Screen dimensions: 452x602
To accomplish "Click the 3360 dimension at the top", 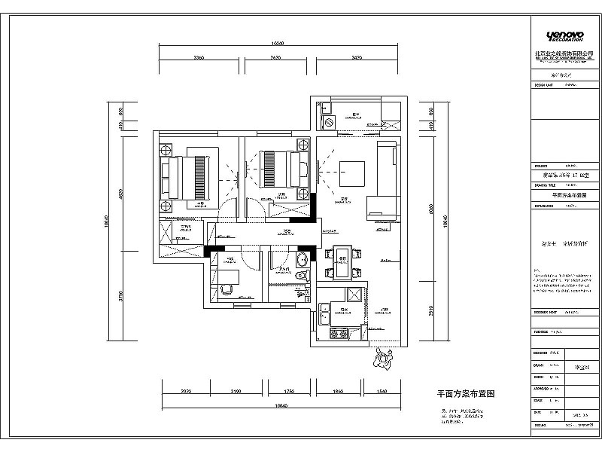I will (x=199, y=57).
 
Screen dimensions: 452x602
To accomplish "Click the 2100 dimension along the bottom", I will (x=236, y=392).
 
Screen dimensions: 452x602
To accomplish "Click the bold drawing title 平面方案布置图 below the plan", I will (x=466, y=394).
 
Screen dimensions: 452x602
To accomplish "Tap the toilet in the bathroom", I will (x=303, y=278).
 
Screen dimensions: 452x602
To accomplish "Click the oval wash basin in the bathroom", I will (x=302, y=261).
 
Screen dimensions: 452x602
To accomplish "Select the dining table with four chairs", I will (x=342, y=260).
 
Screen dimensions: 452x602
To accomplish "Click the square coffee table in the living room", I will (x=352, y=173).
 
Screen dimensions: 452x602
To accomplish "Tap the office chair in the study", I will (x=223, y=289).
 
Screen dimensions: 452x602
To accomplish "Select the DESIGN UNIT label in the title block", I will (x=543, y=85).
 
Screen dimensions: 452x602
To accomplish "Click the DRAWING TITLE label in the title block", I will (x=545, y=183).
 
